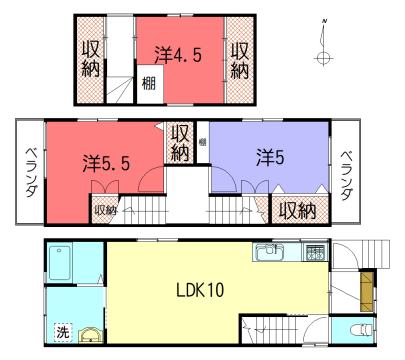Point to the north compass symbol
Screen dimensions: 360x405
tap(323, 55)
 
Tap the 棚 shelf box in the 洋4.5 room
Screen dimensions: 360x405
tap(148, 84)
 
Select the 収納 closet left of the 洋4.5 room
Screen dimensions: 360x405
tap(90, 58)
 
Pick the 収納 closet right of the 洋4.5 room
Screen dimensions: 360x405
tap(239, 58)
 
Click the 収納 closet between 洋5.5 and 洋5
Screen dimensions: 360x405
tap(181, 141)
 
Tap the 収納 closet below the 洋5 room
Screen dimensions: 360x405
tap(297, 211)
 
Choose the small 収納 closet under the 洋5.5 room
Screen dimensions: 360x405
tap(105, 210)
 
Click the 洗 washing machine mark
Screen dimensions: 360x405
tap(62, 332)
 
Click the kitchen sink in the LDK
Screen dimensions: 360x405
tap(270, 252)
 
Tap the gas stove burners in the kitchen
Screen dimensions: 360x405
tap(315, 251)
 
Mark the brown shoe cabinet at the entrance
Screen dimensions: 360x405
tap(366, 289)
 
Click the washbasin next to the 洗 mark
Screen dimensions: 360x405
tap(90, 337)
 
